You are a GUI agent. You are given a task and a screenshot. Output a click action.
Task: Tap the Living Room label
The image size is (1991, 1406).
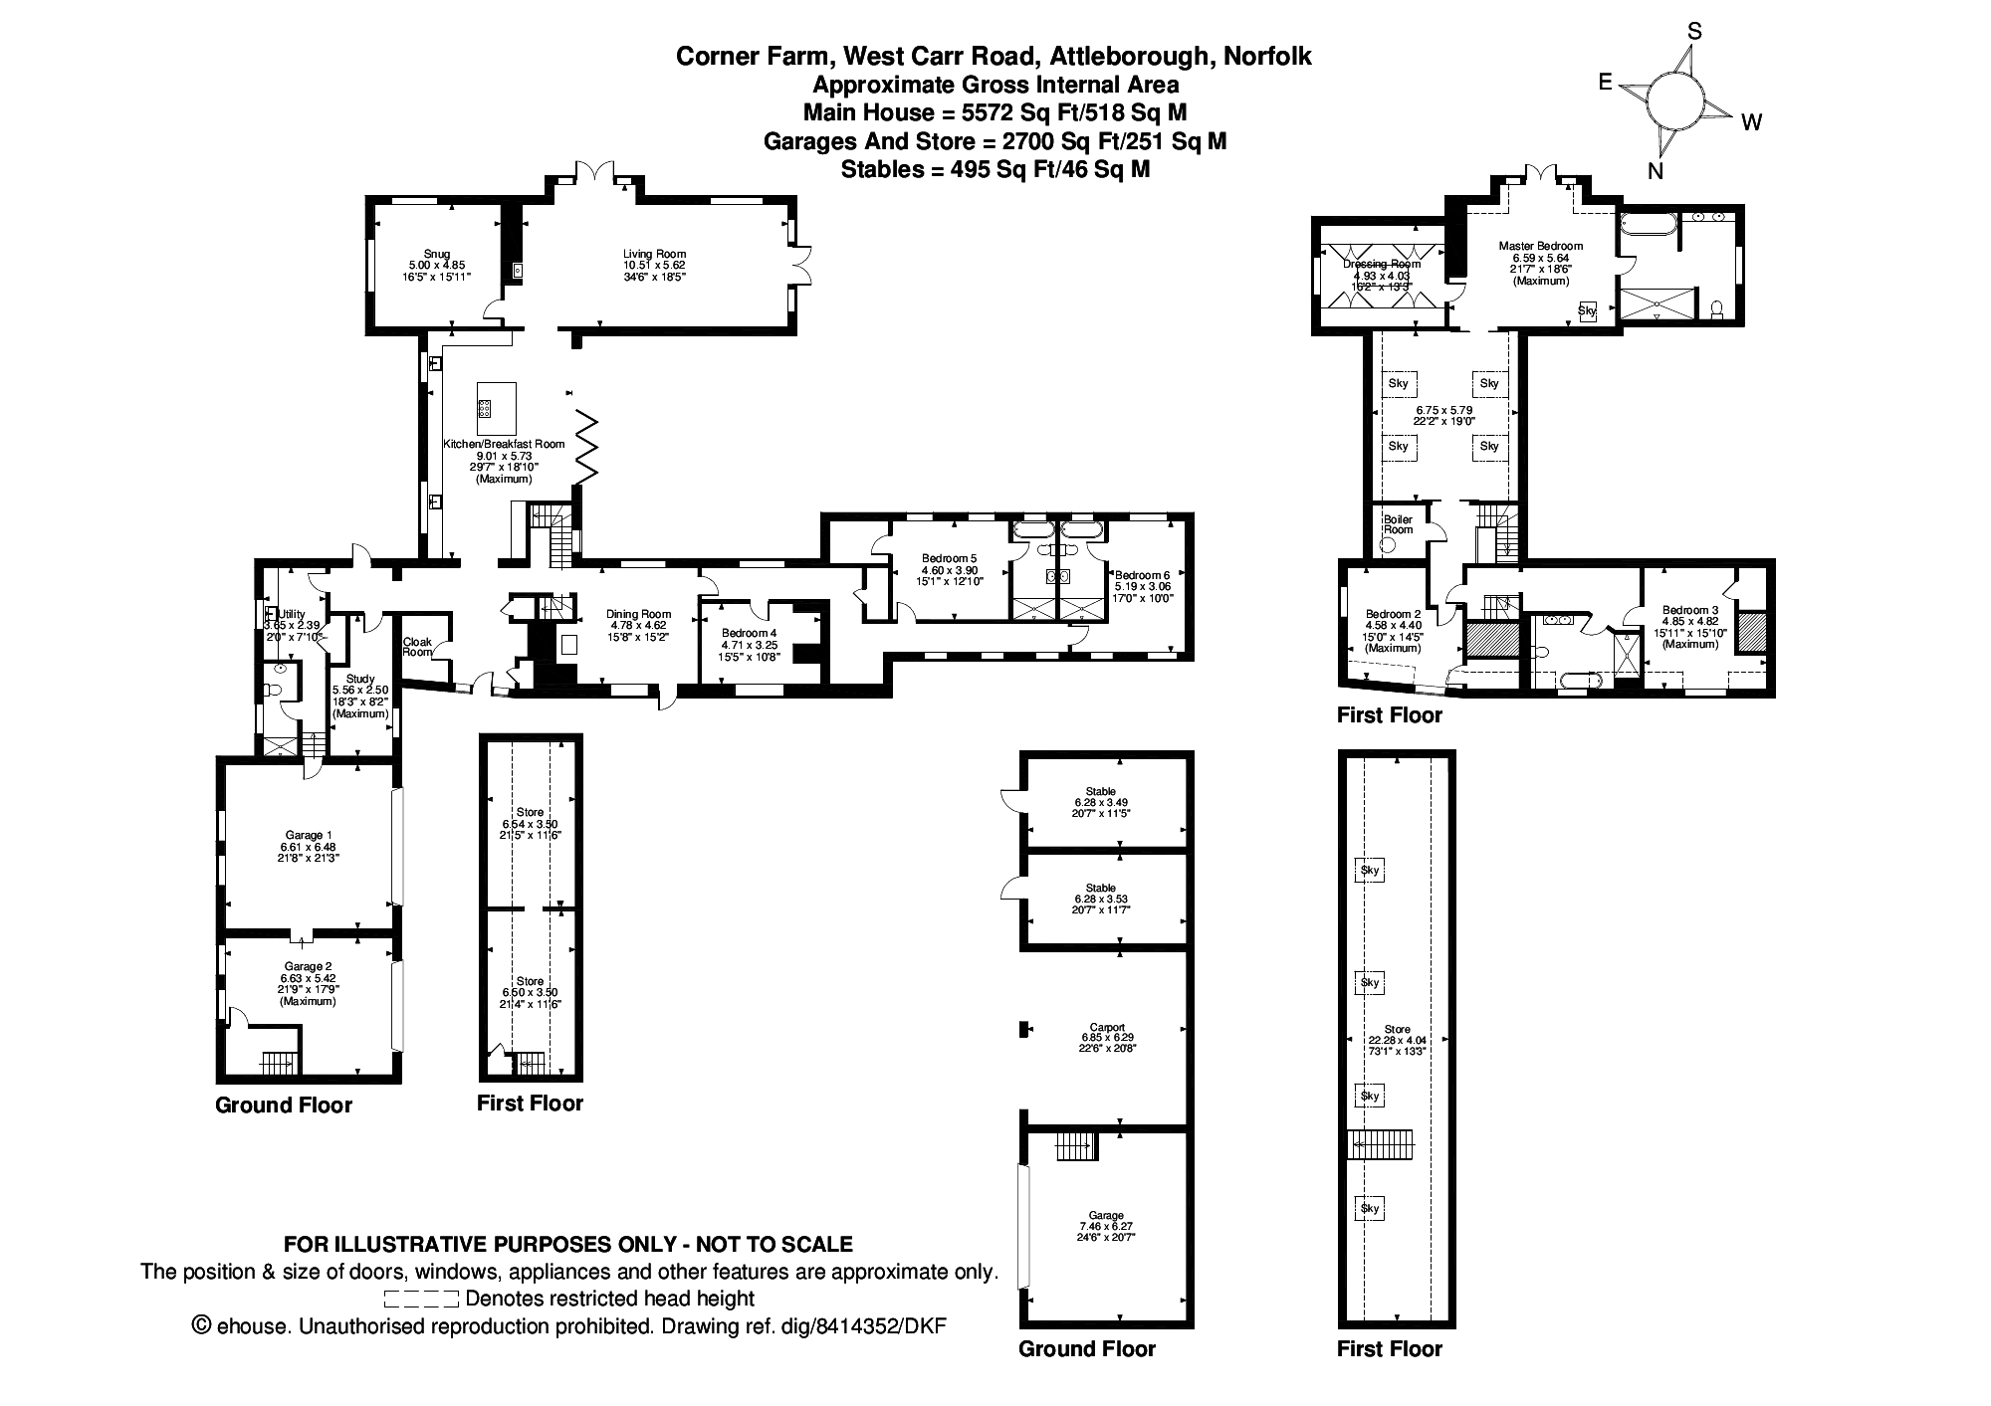click(x=654, y=254)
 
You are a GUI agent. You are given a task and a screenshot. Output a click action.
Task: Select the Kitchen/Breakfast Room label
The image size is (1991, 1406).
click(x=504, y=444)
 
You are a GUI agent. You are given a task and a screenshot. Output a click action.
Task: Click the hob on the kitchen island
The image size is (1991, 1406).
click(x=485, y=408)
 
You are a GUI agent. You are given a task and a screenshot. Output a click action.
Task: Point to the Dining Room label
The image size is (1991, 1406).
click(x=638, y=614)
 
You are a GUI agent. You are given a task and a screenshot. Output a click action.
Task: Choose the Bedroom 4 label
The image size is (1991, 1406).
click(x=750, y=633)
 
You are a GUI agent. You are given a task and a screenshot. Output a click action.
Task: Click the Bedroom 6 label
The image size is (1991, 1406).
click(x=1142, y=575)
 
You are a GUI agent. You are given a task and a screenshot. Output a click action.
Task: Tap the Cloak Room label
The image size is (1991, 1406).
click(x=417, y=647)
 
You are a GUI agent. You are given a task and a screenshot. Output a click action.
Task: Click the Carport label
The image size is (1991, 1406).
click(x=1107, y=1027)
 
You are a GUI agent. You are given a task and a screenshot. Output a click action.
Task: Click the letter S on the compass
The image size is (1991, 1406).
click(x=1693, y=33)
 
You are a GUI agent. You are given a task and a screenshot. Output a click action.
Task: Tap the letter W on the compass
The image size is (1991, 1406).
click(x=1751, y=122)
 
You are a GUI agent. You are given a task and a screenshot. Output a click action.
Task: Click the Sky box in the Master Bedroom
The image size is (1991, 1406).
click(x=1587, y=311)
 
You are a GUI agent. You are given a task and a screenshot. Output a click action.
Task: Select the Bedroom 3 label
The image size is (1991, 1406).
click(x=1689, y=610)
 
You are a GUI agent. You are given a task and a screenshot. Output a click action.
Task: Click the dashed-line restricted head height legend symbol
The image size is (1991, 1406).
click(x=421, y=1299)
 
